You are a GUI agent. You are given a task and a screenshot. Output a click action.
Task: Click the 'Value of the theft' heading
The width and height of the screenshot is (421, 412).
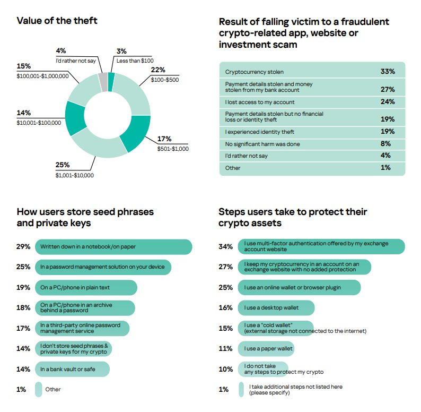(57, 21)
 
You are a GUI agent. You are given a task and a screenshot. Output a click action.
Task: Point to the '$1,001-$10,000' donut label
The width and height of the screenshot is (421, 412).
(74, 175)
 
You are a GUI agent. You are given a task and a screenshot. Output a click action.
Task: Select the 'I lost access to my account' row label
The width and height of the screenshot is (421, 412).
(260, 102)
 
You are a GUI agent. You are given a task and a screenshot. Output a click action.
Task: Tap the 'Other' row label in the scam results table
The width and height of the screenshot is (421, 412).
(233, 168)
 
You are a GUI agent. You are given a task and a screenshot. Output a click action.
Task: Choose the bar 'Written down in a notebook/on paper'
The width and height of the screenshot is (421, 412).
(113, 247)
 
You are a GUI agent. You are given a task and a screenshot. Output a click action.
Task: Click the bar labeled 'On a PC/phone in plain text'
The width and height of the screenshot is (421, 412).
(86, 287)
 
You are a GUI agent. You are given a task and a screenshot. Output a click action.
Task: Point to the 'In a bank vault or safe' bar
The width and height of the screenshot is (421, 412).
(72, 369)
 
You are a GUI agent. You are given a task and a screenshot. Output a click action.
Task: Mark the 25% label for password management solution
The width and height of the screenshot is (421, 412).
(23, 267)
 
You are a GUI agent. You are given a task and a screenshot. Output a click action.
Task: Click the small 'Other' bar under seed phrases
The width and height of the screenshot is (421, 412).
(39, 389)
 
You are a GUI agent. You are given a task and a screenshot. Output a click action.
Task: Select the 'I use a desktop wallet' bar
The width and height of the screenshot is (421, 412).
(276, 308)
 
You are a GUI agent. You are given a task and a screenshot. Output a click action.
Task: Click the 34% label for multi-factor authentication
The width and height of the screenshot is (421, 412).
(225, 247)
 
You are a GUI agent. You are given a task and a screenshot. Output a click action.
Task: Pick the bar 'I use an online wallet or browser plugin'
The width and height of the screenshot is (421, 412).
(299, 287)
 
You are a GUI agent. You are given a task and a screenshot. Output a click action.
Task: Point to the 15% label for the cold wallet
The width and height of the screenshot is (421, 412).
(225, 328)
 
